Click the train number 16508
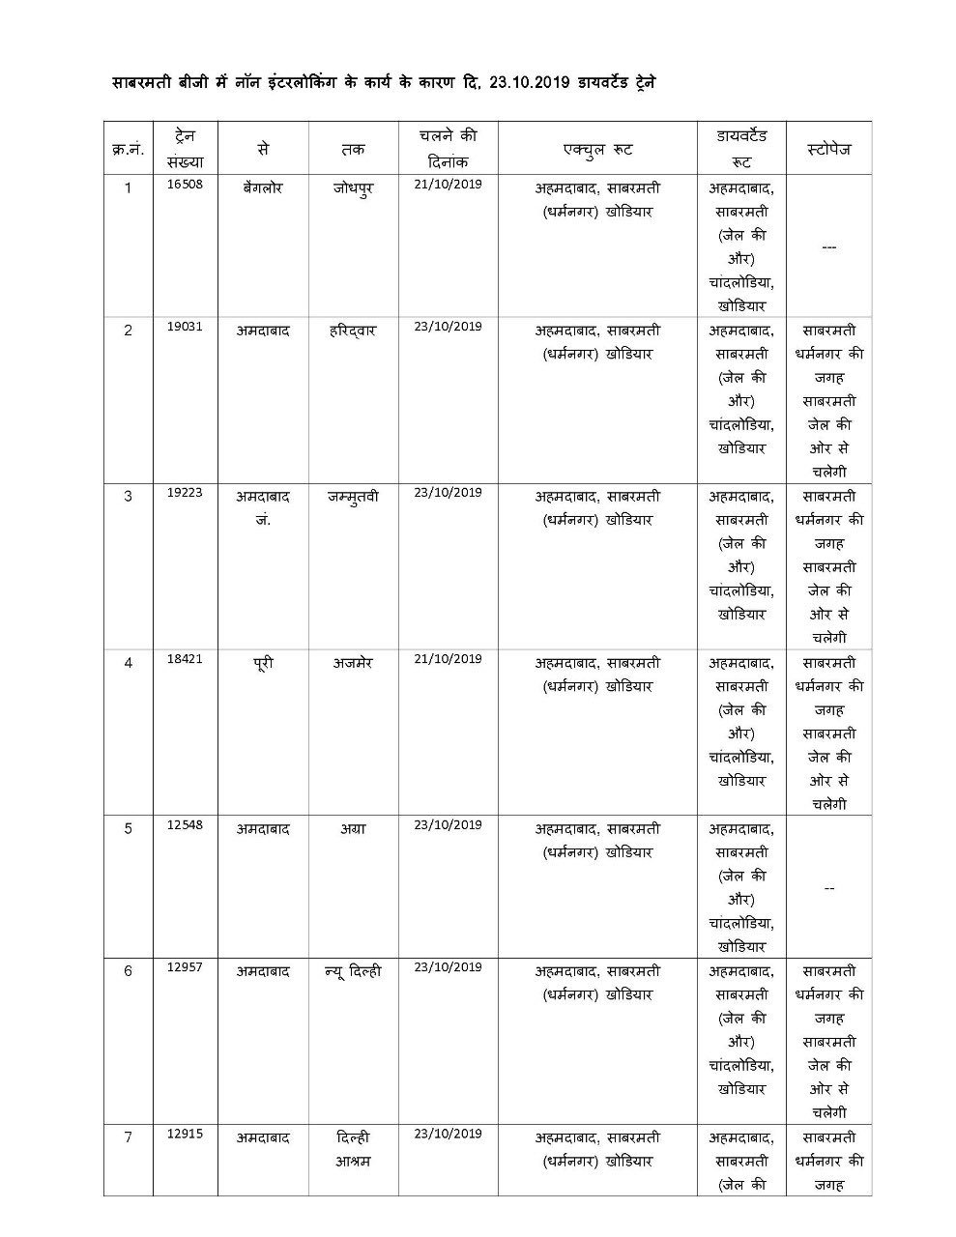(185, 184)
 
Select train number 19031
(185, 327)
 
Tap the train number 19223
(185, 492)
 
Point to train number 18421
(185, 659)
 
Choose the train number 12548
(185, 825)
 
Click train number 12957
(185, 967)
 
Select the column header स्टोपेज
(828, 150)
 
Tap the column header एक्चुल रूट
(597, 150)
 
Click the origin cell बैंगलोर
(263, 187)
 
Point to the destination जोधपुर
(353, 187)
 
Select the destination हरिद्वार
(353, 330)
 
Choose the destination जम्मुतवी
(353, 497)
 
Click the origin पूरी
(263, 663)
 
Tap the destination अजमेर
(353, 663)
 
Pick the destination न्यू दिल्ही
(353, 971)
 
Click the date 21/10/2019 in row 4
(448, 659)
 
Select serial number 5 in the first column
(129, 828)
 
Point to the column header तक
(353, 150)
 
